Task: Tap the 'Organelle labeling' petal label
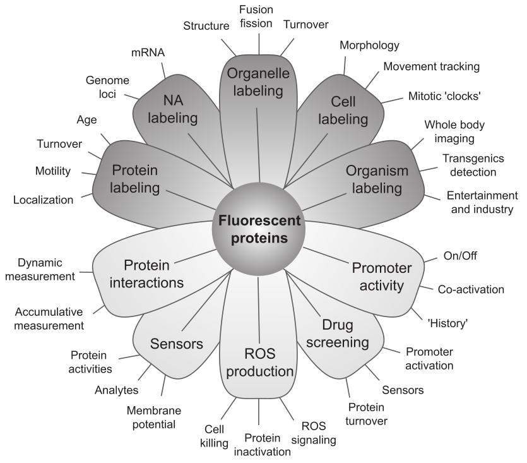(259, 81)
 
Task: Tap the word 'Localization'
(43, 200)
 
